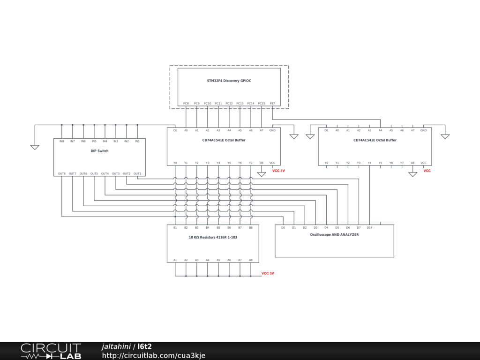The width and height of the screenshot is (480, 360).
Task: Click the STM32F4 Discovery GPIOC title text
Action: (x=229, y=81)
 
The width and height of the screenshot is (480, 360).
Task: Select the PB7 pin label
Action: (x=272, y=103)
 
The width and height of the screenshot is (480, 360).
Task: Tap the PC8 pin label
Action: (x=186, y=103)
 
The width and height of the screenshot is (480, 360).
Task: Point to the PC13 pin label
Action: (x=240, y=103)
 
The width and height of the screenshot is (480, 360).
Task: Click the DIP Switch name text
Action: (x=99, y=151)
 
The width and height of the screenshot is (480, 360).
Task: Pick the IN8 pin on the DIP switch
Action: (x=62, y=141)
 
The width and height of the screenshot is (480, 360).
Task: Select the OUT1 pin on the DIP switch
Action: (x=137, y=173)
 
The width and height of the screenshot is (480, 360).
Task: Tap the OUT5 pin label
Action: (x=94, y=173)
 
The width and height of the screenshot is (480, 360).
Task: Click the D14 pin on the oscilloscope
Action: (x=369, y=227)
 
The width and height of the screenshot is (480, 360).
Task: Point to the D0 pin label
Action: (x=283, y=227)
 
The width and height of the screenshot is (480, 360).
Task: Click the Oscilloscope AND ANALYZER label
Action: (x=334, y=234)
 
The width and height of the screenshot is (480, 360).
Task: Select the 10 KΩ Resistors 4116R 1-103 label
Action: (x=213, y=237)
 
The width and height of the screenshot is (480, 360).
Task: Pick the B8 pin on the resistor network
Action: (x=251, y=227)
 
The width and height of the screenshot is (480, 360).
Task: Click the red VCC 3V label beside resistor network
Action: (x=268, y=273)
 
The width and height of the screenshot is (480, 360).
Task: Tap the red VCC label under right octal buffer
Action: (x=427, y=171)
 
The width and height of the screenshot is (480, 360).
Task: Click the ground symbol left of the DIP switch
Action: (x=35, y=147)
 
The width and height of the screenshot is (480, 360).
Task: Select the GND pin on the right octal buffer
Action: (x=423, y=130)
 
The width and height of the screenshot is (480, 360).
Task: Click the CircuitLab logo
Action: (x=51, y=351)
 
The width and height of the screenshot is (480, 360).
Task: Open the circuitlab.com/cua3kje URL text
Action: (x=154, y=355)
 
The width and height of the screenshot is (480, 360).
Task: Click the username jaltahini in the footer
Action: (x=116, y=346)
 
